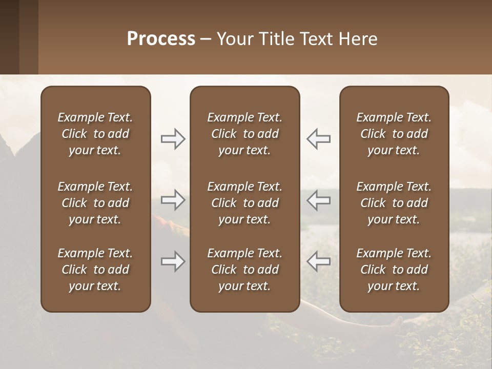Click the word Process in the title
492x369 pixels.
tap(161, 39)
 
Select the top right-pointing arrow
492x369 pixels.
tap(173, 139)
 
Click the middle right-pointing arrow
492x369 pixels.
tap(173, 200)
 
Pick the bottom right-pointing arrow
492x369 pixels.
tap(173, 262)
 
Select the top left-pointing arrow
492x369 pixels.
tap(318, 139)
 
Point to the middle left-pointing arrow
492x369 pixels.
tap(318, 200)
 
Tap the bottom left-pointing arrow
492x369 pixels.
tap(318, 262)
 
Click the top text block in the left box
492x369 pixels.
tap(95, 134)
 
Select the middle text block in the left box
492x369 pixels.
tap(95, 203)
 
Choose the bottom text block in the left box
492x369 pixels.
tap(95, 270)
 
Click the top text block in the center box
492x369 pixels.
tap(244, 134)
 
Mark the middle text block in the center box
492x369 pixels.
tap(244, 203)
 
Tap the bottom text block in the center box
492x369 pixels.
tap(244, 270)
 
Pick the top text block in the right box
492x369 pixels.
tap(394, 134)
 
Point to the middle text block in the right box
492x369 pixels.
tap(394, 203)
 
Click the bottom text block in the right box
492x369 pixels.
tap(394, 270)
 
